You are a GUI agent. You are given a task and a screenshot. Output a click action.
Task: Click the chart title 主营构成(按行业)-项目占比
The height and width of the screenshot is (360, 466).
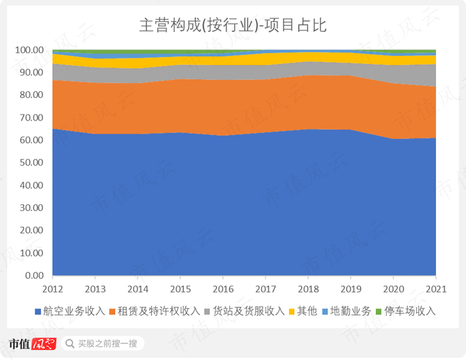point(232,25)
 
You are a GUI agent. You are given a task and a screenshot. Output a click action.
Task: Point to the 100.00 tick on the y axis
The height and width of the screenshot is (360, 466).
point(29,51)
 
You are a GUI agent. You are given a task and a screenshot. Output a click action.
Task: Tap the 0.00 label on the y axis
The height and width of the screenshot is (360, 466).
point(33,275)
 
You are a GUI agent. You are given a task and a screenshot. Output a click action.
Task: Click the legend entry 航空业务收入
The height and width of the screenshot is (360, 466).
point(73,311)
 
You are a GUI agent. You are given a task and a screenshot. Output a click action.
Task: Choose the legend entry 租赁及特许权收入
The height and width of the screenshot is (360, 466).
point(158,311)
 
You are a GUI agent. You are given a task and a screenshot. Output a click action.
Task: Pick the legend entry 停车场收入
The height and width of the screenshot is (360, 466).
point(405,311)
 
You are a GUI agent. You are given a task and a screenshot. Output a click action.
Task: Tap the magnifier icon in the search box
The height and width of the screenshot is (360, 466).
point(69,344)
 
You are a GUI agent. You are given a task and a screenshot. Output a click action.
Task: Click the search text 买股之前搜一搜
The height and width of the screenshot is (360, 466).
point(107,344)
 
